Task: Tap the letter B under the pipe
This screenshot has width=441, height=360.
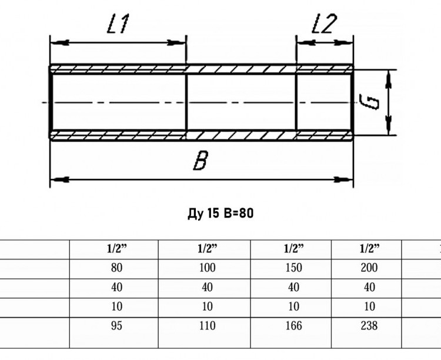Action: click(201, 161)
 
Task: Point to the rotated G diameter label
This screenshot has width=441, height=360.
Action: click(369, 102)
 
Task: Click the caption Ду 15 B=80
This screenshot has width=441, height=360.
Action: click(220, 213)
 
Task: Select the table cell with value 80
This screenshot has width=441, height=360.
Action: click(116, 268)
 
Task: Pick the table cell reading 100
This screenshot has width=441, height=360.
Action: click(208, 268)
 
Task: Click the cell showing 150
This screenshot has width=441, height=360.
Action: click(293, 268)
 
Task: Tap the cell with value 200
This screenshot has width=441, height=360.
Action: click(369, 268)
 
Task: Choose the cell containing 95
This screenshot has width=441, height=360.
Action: click(116, 326)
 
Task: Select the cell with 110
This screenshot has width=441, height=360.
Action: click(208, 326)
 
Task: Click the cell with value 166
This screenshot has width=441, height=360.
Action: click(293, 326)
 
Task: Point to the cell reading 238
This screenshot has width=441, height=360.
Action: click(369, 326)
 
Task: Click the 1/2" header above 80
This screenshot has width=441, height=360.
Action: click(117, 249)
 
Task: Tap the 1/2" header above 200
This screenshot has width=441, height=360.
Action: click(370, 249)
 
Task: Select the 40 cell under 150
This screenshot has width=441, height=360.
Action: click(293, 288)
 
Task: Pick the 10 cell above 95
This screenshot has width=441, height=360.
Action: click(116, 306)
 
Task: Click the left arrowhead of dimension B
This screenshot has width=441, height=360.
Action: click(59, 179)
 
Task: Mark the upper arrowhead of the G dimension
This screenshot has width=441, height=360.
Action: click(389, 79)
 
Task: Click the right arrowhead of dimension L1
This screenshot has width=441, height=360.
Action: click(176, 43)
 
